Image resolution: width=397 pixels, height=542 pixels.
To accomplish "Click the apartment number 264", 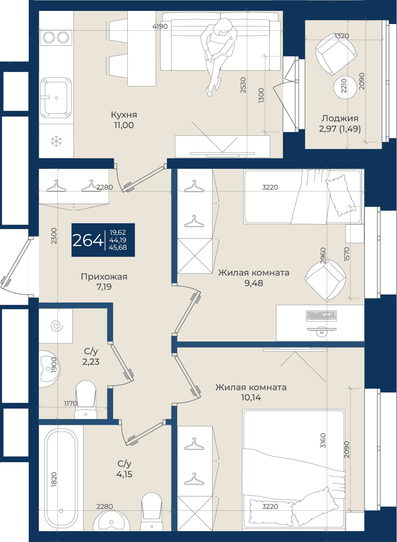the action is tap(88, 241).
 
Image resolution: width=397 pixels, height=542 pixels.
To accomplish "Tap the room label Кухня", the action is tap(124, 115).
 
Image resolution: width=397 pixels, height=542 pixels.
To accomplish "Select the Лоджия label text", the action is tap(340, 119).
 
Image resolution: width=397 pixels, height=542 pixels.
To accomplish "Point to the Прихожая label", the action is tap(104, 277).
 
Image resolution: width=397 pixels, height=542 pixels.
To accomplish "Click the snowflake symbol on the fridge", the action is tap(56, 141).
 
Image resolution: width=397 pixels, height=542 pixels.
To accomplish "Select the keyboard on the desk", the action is tap(321, 316).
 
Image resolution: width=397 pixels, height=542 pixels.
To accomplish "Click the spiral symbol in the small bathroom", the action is tap(57, 326).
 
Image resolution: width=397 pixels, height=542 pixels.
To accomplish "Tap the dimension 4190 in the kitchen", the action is tap(160, 26).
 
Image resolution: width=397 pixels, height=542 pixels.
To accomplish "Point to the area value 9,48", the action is tap(254, 283).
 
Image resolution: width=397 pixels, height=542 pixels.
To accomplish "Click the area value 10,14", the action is tap(251, 397).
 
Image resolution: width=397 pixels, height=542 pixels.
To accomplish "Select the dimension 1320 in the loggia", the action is tap(342, 36).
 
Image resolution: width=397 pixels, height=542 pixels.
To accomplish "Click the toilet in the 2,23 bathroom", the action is tap(86, 399).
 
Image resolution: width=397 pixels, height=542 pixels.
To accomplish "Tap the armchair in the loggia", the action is tap(336, 54).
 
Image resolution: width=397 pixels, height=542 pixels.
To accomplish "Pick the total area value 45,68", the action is tap(118, 248).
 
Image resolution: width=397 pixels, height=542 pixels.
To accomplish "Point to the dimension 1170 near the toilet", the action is tap(70, 403).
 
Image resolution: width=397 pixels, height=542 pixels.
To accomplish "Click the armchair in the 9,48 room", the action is tap(325, 281).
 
